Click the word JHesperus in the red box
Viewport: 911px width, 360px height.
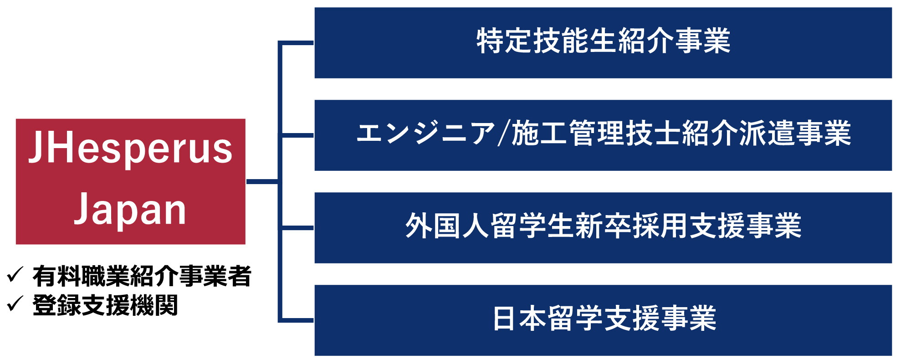tap(131, 149)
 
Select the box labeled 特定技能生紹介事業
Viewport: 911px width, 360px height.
tap(603, 43)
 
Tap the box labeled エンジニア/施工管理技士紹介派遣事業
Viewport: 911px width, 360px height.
tap(603, 135)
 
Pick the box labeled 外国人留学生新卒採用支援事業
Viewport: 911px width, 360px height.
tap(603, 227)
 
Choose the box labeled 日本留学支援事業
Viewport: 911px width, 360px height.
tap(603, 320)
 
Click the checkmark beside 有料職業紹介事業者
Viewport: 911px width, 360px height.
tap(15, 275)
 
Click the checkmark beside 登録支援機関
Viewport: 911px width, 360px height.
tap(15, 303)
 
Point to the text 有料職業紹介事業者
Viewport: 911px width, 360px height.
tap(142, 276)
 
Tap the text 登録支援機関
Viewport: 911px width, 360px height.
tap(105, 305)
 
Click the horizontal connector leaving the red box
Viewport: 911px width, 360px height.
tap(262, 181)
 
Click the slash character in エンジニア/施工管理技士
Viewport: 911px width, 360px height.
tap(503, 134)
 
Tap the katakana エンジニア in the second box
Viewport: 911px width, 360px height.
tap(425, 134)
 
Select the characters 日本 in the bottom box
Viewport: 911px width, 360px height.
tap(520, 319)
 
